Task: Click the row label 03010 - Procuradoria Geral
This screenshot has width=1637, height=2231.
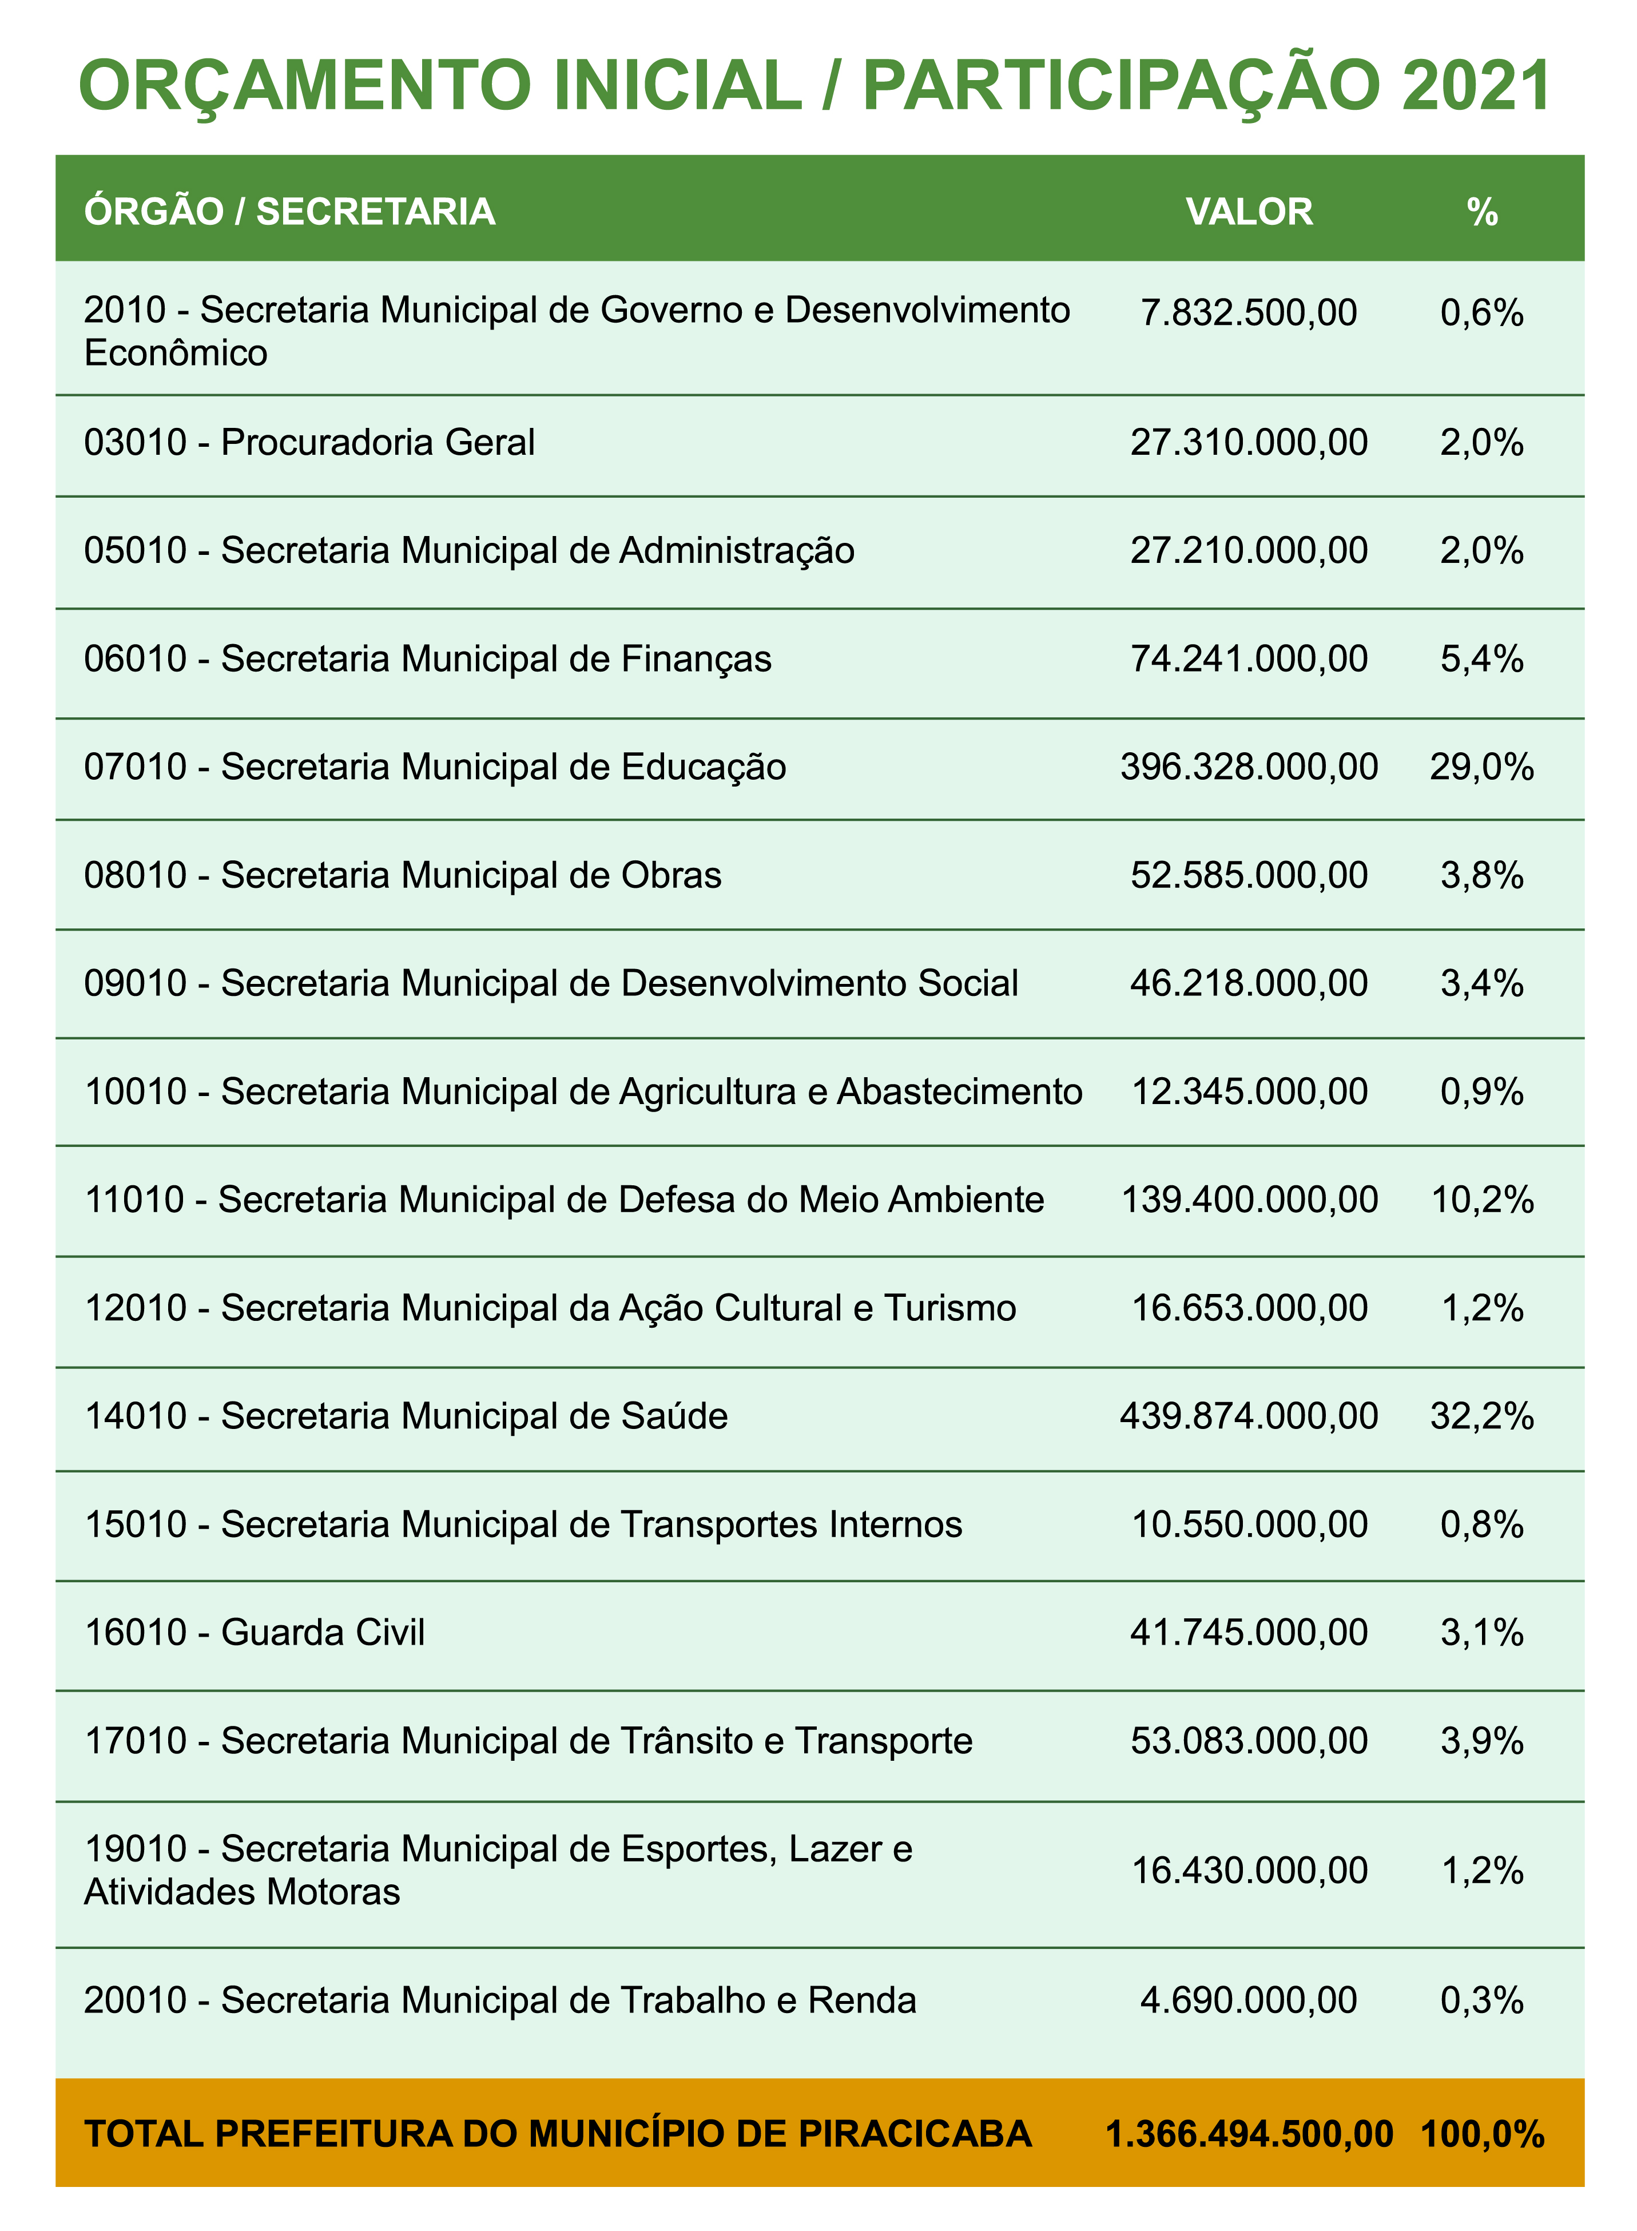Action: (309, 442)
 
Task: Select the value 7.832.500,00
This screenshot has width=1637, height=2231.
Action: (1249, 312)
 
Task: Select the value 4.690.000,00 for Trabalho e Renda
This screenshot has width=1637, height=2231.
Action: (1249, 2000)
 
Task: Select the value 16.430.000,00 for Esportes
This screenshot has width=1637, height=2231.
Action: (1249, 1870)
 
